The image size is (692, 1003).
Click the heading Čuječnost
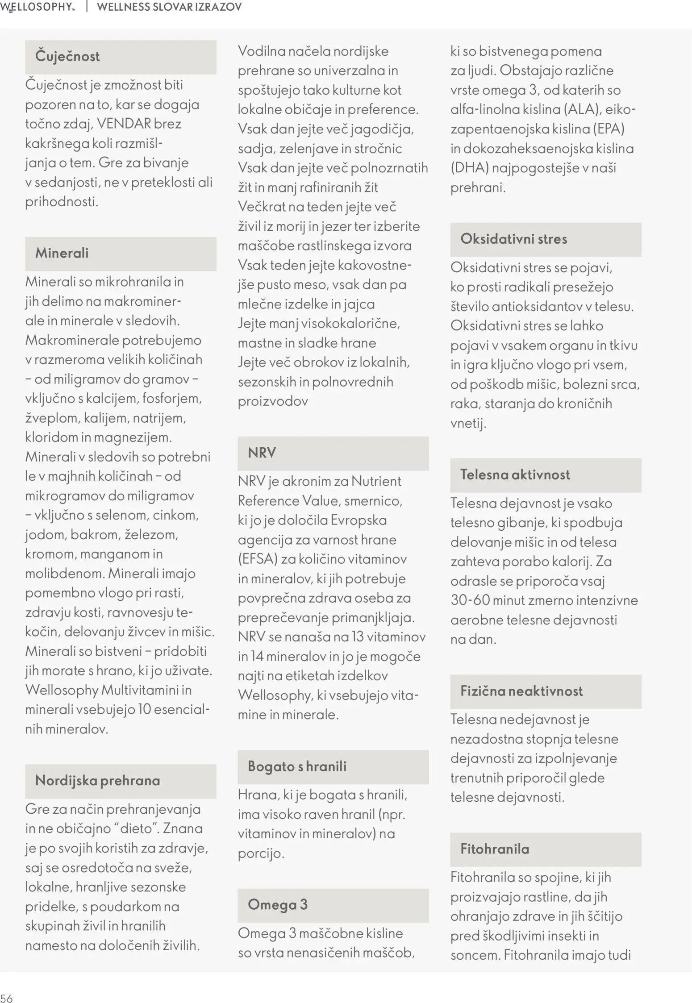(x=67, y=57)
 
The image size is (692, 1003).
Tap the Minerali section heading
(x=62, y=253)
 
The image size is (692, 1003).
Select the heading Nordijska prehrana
(x=97, y=781)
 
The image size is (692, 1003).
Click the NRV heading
(x=262, y=453)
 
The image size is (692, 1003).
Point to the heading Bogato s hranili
(x=297, y=766)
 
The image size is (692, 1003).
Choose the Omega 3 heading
(x=277, y=905)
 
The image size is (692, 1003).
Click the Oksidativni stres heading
(x=513, y=239)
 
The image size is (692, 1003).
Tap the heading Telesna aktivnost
(x=515, y=474)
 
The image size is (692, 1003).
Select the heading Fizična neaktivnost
(x=521, y=691)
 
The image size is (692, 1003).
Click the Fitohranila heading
(x=494, y=849)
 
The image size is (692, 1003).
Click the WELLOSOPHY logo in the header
(x=38, y=7)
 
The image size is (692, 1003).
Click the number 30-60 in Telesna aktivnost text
(x=470, y=600)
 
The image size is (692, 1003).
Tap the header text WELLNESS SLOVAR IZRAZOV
(x=169, y=7)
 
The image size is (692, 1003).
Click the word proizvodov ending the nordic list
(x=272, y=401)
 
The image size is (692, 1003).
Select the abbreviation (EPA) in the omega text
(x=609, y=129)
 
